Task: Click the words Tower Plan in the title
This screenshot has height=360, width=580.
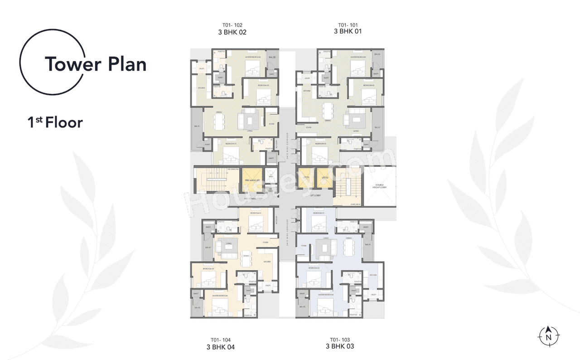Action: tap(95, 64)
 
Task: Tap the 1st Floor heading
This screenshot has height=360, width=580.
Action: tap(55, 122)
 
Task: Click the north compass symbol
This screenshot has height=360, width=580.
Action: tap(548, 336)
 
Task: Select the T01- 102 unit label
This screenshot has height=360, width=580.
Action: tap(232, 25)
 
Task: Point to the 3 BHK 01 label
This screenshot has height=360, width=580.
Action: tap(348, 32)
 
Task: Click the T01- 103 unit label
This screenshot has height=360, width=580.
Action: tap(340, 340)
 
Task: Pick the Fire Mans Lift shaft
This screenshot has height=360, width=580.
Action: tap(251, 180)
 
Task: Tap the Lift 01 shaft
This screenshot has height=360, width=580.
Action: tap(306, 177)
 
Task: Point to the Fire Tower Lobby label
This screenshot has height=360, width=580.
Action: tap(254, 199)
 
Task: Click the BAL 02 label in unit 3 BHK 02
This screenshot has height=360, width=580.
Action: tap(272, 58)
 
